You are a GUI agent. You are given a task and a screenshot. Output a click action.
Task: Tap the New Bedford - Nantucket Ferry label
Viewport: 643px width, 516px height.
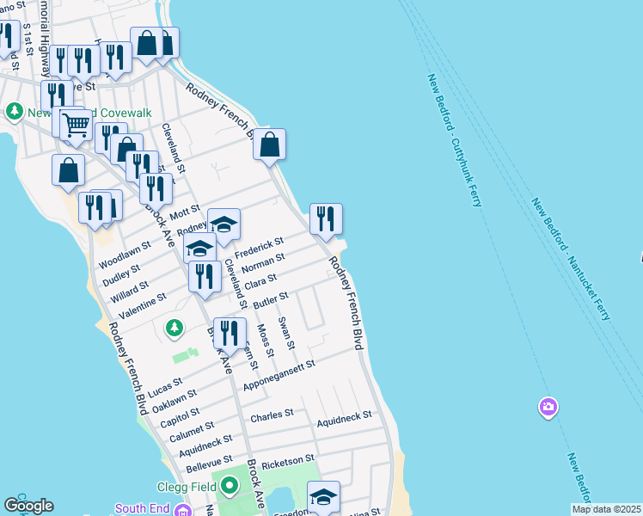570,259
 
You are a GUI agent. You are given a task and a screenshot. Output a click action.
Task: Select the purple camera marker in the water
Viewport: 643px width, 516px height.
548,406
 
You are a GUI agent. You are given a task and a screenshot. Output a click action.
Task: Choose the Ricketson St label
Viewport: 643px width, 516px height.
289,462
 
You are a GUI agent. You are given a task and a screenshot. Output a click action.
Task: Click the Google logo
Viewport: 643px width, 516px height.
28,506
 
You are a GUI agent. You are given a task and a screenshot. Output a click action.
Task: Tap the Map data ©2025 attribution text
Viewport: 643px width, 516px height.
605,509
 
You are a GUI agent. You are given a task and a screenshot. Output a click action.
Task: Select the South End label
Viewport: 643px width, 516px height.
143,508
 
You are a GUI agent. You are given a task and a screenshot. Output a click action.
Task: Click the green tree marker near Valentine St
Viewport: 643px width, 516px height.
175,328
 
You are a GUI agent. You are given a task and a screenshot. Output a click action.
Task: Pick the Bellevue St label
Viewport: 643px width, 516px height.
209,465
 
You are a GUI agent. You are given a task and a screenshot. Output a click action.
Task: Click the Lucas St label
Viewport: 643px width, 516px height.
165,388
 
